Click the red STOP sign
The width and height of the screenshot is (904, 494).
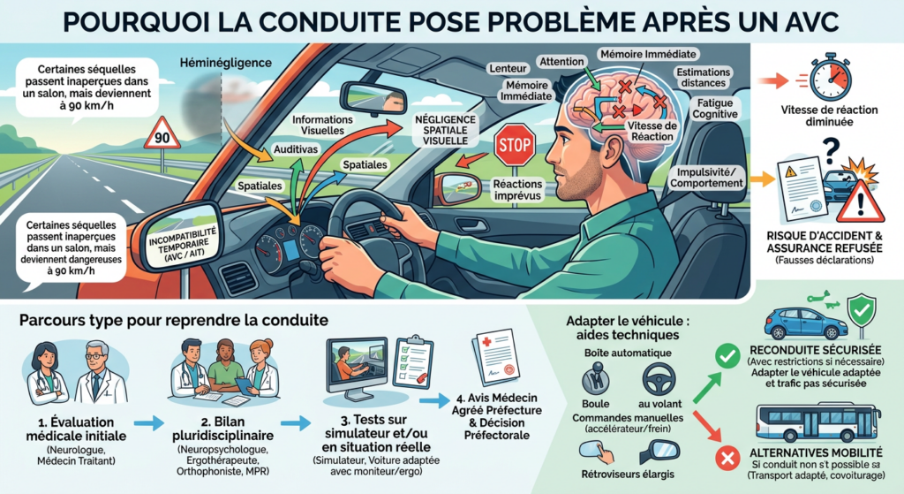pos(515,145)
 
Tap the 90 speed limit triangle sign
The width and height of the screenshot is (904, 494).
pos(162,134)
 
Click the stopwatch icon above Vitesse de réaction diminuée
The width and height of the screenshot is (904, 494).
pos(830,78)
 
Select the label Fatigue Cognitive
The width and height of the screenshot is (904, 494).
pos(715,109)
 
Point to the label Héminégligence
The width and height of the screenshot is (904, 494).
pos(225,63)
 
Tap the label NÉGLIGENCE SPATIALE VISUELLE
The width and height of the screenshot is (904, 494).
pos(446,130)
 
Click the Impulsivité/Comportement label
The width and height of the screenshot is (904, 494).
pos(706,178)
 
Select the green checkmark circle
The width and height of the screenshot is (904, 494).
pos(727,357)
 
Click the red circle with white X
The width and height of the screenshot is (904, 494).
pos(727,459)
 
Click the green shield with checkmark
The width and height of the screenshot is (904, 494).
pos(862,312)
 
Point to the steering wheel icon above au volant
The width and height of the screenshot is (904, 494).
pos(659,379)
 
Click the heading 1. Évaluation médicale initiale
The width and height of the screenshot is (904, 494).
pos(76,429)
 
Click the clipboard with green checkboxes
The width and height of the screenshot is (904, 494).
pos(413,361)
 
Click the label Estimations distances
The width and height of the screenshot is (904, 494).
pos(704,78)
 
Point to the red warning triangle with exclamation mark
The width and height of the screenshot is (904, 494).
pos(860,201)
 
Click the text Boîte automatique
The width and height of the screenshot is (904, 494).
pos(628,353)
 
